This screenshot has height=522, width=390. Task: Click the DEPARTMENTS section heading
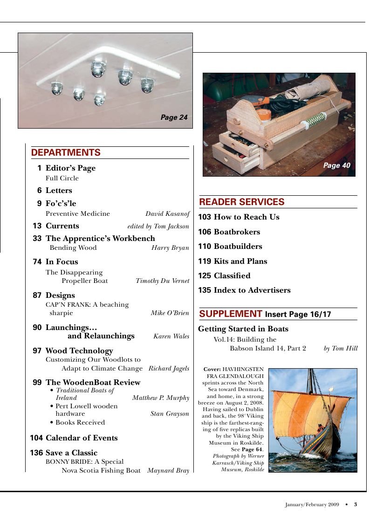point(66,153)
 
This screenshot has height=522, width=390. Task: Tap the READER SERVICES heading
point(241,202)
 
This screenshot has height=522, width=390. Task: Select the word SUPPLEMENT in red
point(231,314)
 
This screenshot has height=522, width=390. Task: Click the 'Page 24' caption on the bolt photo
point(174,118)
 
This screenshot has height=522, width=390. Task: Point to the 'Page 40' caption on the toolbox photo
point(336,165)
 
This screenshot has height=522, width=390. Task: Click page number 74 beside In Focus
point(37,262)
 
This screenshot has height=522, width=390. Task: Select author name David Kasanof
point(167,214)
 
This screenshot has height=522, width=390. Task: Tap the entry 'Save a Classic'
point(71,453)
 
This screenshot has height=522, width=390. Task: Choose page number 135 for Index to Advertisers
point(205,290)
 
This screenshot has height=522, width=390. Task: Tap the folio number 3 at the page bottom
point(355,504)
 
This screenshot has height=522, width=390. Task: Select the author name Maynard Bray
point(168,471)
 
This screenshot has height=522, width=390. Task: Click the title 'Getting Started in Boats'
point(243,329)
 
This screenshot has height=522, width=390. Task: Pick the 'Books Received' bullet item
point(80,423)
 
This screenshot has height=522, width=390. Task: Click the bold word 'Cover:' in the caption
point(212,370)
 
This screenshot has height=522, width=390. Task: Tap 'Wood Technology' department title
point(79,351)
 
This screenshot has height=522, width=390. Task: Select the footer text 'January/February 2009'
point(312,504)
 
